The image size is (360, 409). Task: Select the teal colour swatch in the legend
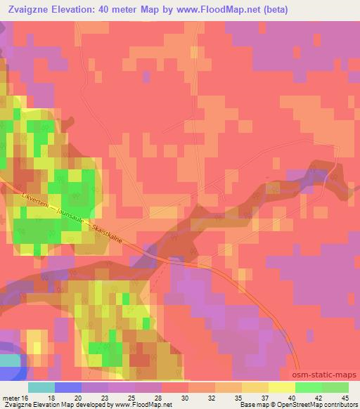41,387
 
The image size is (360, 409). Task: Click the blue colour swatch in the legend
67,387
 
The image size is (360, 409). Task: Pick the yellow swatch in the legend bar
281,387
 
